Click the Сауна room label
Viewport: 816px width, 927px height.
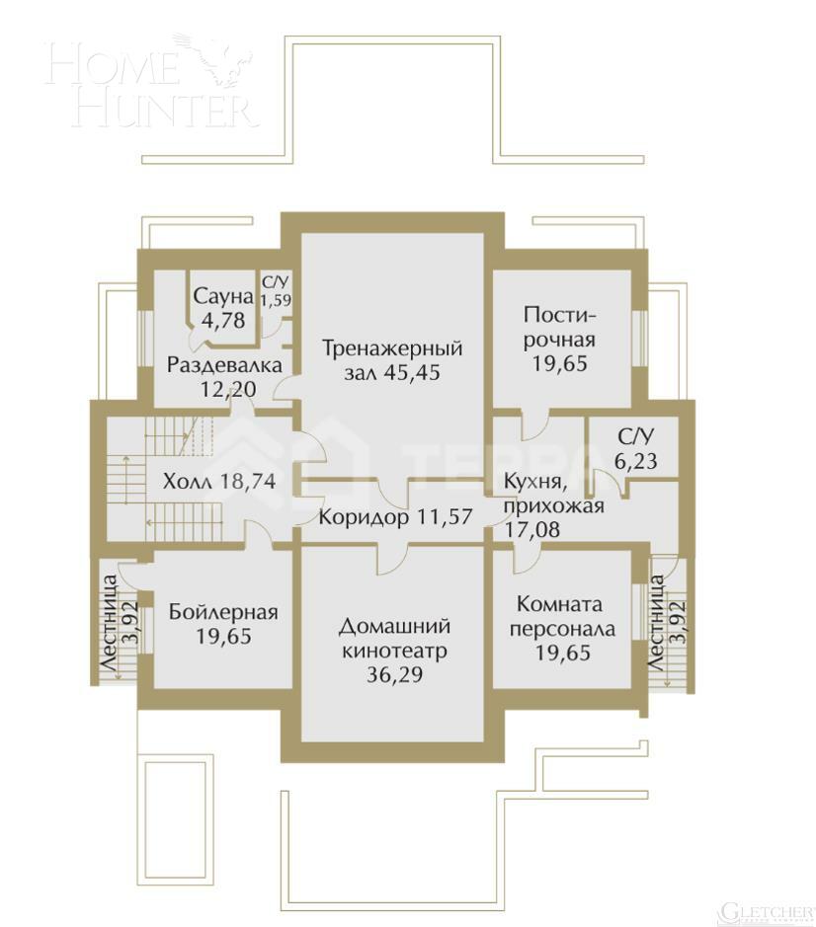pyautogui.click(x=224, y=296)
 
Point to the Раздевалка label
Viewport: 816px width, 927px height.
pyautogui.click(x=224, y=365)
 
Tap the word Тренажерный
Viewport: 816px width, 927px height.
pyautogui.click(x=392, y=348)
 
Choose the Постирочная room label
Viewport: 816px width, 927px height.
pyautogui.click(x=560, y=327)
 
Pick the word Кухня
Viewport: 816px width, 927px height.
pyautogui.click(x=533, y=482)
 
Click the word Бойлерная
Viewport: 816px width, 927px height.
pyautogui.click(x=223, y=612)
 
